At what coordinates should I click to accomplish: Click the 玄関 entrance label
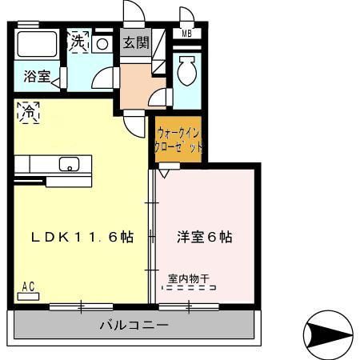pos(135,43)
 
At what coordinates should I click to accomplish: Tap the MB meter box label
pos(186,34)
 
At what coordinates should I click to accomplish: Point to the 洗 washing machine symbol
pos(78,42)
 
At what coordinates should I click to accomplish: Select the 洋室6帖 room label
pos(204,238)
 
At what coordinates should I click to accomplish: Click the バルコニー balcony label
pos(134,326)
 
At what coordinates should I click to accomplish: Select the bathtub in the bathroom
pos(35,43)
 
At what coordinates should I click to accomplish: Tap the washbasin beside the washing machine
pos(102,43)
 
